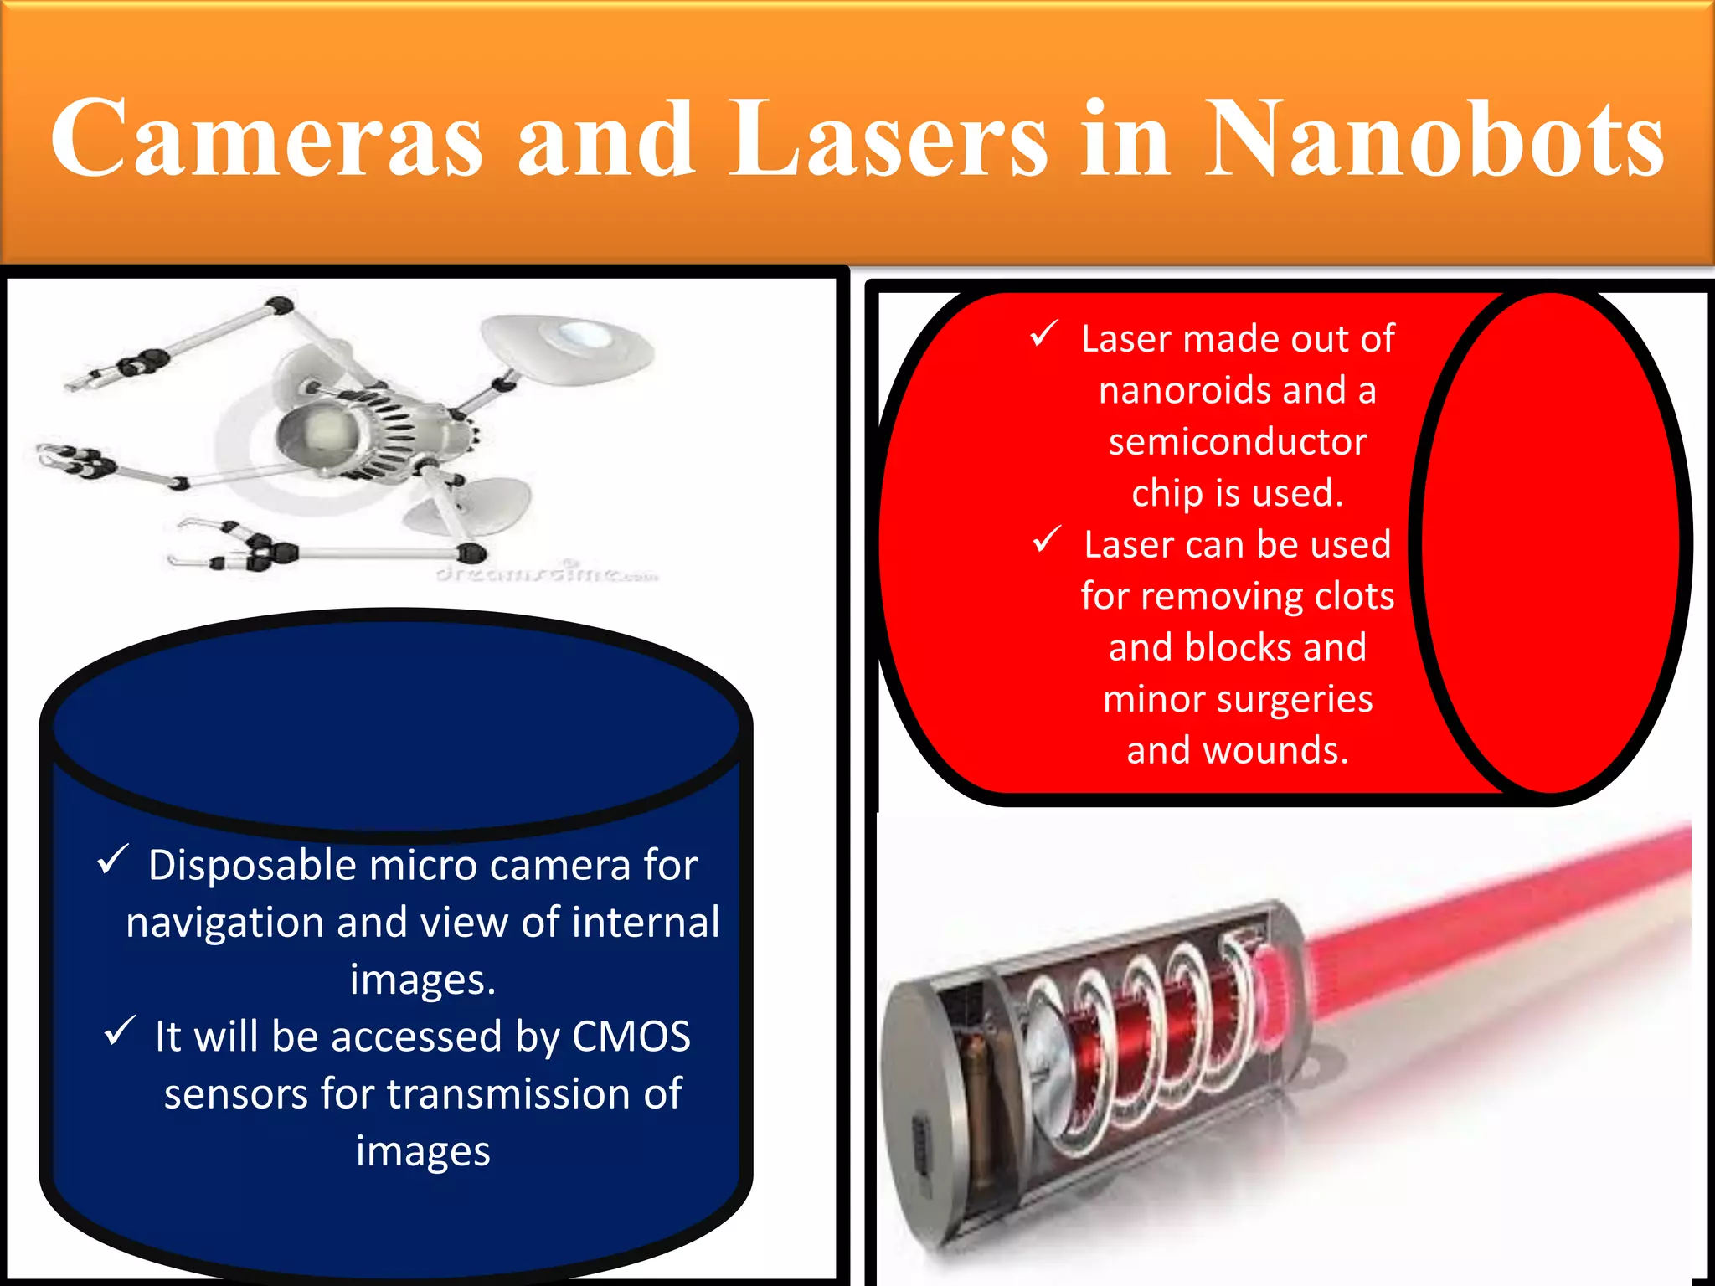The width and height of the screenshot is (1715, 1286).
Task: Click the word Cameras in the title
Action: pos(266,139)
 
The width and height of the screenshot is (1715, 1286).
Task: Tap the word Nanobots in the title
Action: pos(1434,139)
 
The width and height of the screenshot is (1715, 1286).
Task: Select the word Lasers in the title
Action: pos(888,139)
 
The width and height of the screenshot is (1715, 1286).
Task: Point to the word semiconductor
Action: pos(1238,442)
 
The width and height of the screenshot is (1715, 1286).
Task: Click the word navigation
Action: pos(225,923)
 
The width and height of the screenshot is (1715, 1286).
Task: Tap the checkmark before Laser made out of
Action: pos(1044,335)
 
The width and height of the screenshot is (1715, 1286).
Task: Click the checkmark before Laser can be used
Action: pos(1047,540)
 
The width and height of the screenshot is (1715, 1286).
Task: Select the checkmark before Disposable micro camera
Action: pos(113,860)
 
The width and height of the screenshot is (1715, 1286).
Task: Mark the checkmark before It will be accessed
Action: pos(120,1031)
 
